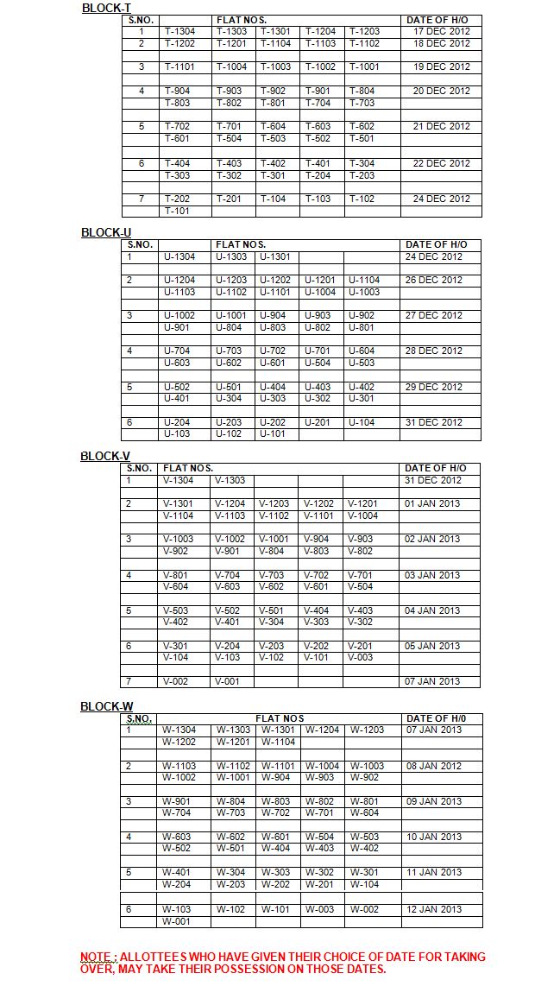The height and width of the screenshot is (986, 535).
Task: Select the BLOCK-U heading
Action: [x=106, y=232]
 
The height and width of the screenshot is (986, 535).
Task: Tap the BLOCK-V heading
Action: [x=105, y=456]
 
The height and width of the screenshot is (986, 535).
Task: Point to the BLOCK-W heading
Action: [x=107, y=706]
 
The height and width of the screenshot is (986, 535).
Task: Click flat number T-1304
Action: [x=179, y=32]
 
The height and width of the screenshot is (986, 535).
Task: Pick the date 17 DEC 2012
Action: [x=442, y=32]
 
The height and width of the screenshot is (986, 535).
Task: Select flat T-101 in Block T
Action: [x=177, y=211]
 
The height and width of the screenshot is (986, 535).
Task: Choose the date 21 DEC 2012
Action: [x=442, y=127]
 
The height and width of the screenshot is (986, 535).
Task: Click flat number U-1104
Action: [x=364, y=280]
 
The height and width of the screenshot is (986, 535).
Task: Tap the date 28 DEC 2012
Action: [x=434, y=351]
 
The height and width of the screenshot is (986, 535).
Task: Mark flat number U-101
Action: [x=274, y=434]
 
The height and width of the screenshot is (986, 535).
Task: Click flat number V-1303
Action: [x=230, y=480]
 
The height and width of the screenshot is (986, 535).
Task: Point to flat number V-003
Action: [x=361, y=658]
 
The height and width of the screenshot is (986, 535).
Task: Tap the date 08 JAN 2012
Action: [x=434, y=766]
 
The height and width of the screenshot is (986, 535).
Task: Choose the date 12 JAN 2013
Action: [x=434, y=909]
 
